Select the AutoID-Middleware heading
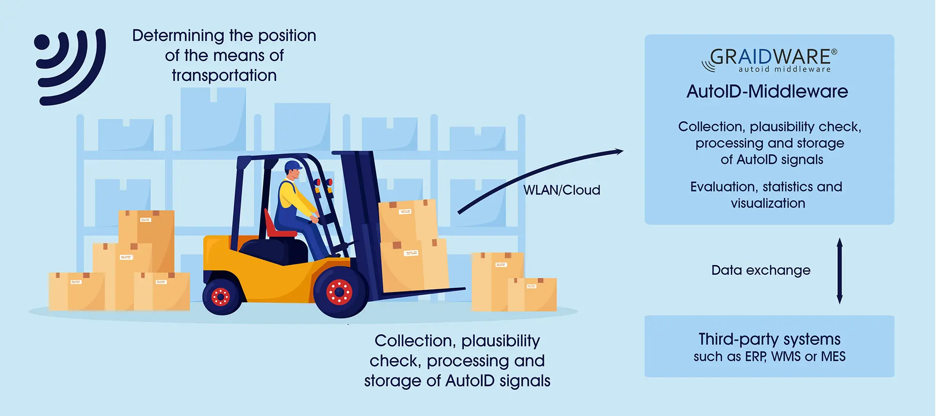tap(767, 91)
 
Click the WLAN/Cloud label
tap(562, 190)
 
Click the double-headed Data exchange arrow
tap(840, 270)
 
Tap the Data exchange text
tap(760, 270)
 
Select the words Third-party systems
tap(769, 339)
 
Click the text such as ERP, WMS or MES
tap(769, 357)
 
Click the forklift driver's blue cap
tap(293, 166)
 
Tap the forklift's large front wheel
tap(340, 292)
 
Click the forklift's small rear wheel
tap(221, 296)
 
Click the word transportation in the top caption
tap(224, 75)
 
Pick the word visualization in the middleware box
tap(768, 203)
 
